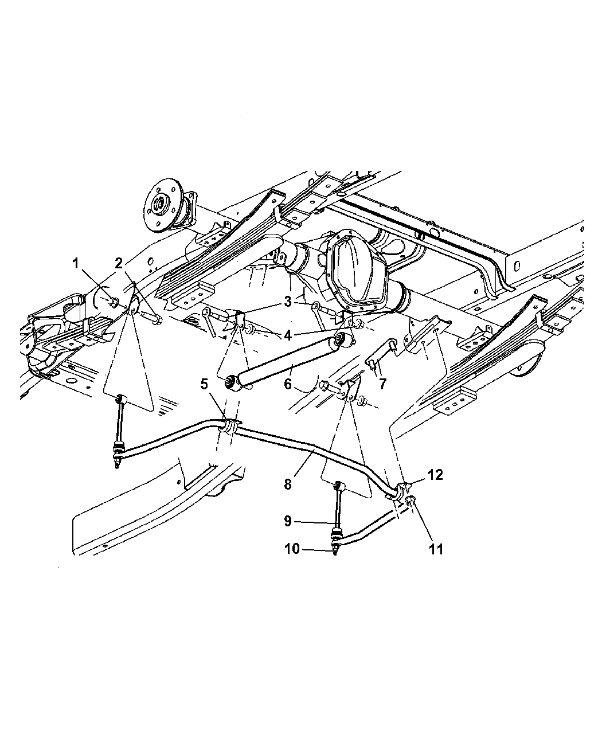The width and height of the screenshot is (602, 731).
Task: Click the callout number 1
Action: [75, 264]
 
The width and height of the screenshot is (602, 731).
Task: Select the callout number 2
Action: [119, 263]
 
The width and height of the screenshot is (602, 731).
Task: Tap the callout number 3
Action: [288, 302]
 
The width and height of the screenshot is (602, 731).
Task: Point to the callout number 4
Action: [288, 335]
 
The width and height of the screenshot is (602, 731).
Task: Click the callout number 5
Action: [204, 384]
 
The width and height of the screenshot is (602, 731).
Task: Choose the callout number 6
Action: [288, 384]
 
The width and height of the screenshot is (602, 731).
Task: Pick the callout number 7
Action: [382, 384]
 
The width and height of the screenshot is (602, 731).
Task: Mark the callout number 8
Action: [288, 484]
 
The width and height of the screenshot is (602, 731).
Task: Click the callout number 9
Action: [288, 531]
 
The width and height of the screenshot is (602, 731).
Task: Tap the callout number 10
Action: [292, 549]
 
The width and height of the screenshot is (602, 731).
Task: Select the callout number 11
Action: [436, 549]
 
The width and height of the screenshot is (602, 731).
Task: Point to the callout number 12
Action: [435, 475]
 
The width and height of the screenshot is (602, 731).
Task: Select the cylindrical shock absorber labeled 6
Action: [287, 361]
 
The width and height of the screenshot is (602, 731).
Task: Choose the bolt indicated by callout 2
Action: [151, 318]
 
